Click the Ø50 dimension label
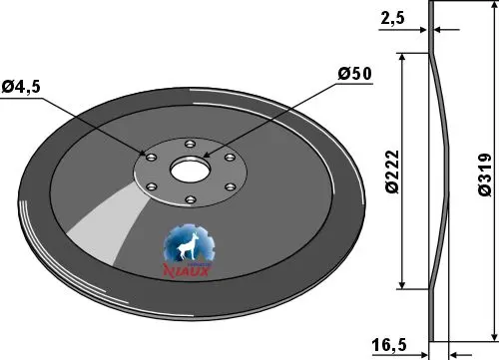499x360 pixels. (354, 74)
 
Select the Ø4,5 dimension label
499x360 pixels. (21, 87)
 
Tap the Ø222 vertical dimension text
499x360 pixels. (392, 172)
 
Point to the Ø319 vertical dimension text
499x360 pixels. (485, 175)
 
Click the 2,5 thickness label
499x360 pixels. (392, 18)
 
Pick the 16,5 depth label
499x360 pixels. (389, 345)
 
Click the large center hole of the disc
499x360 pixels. (191, 170)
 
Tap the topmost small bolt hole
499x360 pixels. (190, 145)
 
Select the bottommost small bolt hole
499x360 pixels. (191, 199)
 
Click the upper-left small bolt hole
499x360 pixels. (151, 157)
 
